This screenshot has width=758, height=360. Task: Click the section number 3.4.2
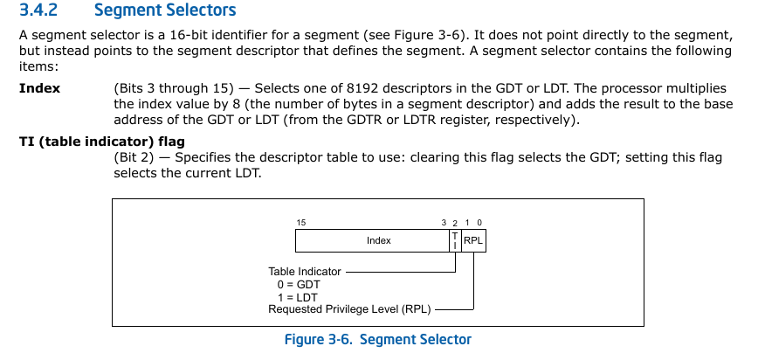coord(38,10)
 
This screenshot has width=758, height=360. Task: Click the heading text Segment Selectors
coord(165,10)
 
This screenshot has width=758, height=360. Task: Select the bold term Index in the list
coord(39,88)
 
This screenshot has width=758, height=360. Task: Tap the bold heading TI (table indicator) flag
coord(102,142)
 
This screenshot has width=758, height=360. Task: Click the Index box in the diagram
coord(372,240)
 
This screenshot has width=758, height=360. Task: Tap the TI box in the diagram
coord(455,240)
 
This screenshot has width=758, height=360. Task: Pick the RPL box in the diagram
coord(473,240)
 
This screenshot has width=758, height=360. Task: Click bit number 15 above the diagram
coord(301,223)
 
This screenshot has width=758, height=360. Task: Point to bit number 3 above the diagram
coord(444,223)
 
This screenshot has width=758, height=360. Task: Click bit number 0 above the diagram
coord(479,223)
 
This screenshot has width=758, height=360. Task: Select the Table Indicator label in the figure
coord(305,272)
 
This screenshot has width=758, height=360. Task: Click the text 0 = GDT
coord(299,285)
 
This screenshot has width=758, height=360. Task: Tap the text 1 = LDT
coord(297,298)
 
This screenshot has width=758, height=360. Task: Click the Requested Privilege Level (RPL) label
coord(349,309)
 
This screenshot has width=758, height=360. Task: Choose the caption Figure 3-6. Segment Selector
coord(377,340)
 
